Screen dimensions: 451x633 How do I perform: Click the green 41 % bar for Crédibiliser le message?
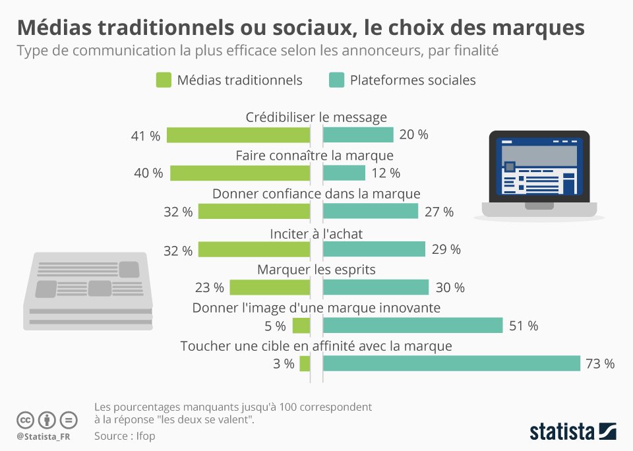click(x=238, y=135)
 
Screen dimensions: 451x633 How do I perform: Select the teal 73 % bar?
click(x=451, y=363)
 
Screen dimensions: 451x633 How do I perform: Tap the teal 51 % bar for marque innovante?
click(x=413, y=326)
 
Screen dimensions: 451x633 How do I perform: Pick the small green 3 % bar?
click(x=305, y=363)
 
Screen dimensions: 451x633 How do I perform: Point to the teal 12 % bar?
click(x=344, y=173)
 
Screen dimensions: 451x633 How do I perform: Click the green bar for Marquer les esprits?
click(x=270, y=287)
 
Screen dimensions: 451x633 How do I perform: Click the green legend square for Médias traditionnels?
click(x=164, y=80)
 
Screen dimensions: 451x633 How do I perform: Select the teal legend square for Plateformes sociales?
click(x=336, y=80)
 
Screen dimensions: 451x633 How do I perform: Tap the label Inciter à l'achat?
click(x=316, y=234)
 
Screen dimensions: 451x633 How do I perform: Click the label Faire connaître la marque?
click(x=315, y=156)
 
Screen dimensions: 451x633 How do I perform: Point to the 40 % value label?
click(x=148, y=173)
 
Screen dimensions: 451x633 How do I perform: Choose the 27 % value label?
click(x=439, y=212)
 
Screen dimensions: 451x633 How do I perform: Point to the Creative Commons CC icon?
click(x=25, y=420)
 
